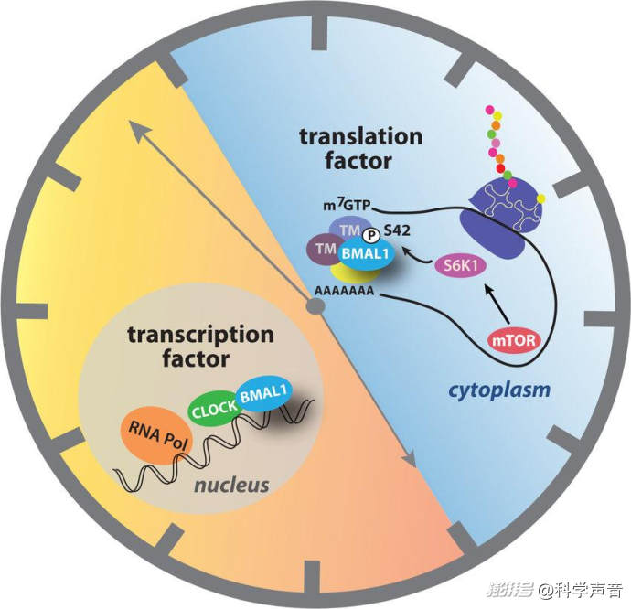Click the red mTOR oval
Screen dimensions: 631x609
click(515, 340)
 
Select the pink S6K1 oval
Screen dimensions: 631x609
click(461, 266)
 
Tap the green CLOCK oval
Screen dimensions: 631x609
click(215, 409)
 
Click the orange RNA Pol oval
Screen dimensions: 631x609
click(156, 435)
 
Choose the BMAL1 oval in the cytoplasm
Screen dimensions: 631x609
click(365, 254)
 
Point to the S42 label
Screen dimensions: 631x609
click(397, 230)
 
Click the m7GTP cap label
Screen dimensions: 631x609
click(347, 205)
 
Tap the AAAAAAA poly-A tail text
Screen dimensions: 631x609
click(344, 291)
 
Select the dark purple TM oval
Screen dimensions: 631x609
click(325, 250)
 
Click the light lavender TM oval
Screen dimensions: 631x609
click(349, 230)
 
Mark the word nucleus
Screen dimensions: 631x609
click(231, 485)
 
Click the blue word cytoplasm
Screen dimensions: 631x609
click(499, 390)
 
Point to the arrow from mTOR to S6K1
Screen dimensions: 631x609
click(497, 304)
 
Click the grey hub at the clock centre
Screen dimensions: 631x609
click(315, 306)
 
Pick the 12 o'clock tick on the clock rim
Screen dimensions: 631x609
click(319, 34)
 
